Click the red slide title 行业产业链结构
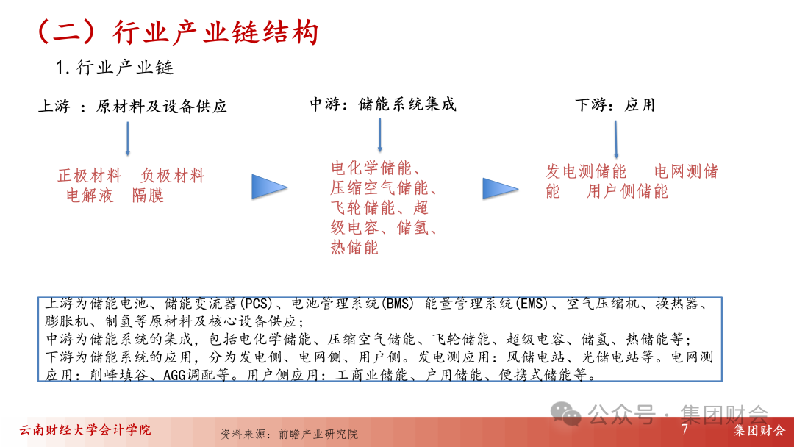coord(215,33)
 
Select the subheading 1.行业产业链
coord(115,68)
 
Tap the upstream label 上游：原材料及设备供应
coord(132,107)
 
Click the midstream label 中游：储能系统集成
coord(383,104)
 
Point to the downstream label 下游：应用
coord(615,105)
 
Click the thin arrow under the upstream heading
coord(128,139)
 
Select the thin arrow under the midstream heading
coord(380,136)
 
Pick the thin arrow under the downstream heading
coord(616,140)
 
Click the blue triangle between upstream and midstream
coord(269,187)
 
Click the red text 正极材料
coord(90,176)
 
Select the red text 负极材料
coord(173,176)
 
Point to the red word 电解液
coord(90,196)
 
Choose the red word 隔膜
coord(148,196)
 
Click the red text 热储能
coord(354,247)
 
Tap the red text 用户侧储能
coord(627,191)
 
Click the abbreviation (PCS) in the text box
coord(256,304)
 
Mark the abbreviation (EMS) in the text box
coord(532,304)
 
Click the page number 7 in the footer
coord(684,429)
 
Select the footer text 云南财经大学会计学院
coord(85,430)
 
